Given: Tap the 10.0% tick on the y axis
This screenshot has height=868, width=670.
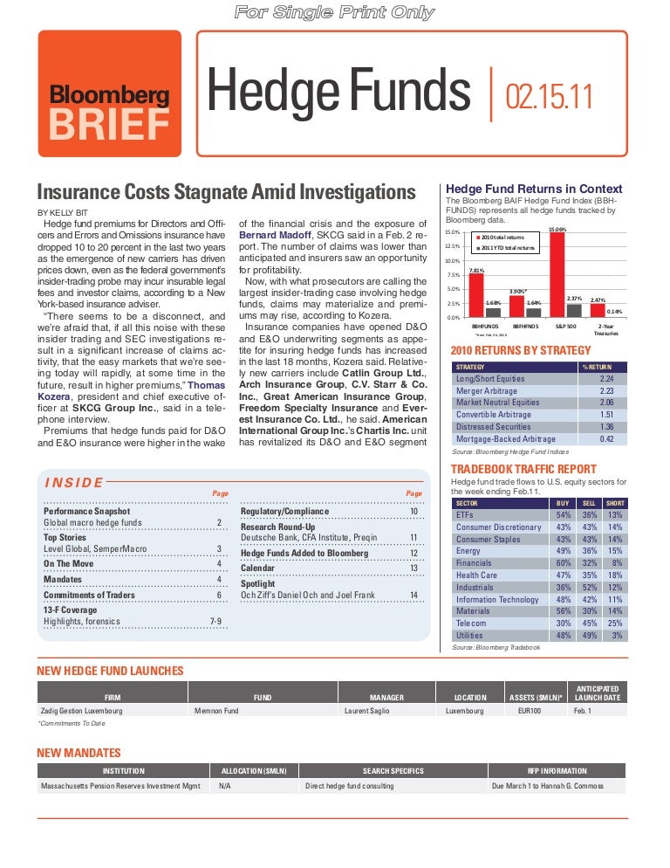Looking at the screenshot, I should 451,261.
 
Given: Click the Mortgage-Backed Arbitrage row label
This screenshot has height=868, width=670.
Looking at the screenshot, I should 505,438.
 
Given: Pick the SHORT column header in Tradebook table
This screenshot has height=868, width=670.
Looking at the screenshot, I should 615,503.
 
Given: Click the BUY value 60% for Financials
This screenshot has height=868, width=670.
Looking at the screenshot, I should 564,563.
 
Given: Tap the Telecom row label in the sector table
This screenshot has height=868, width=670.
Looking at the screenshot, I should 471,623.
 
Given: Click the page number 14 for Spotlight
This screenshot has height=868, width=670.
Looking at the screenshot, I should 414,596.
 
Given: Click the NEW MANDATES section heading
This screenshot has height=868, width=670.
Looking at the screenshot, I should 79,753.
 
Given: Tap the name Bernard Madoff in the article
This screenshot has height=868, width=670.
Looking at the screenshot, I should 274,235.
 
